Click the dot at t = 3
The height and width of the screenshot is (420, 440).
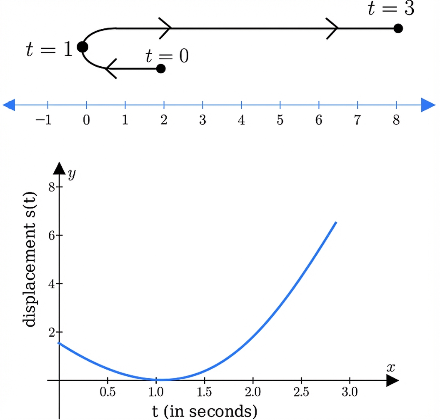pos(398,28)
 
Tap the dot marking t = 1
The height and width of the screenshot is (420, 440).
pos(82,47)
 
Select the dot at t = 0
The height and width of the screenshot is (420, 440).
pos(161,69)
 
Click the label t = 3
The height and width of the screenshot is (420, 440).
pos(391,9)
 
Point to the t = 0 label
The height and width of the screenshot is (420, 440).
pos(167,56)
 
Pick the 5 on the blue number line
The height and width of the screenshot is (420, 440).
pos(280,120)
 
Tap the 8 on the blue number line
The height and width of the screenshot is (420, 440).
pos(396,120)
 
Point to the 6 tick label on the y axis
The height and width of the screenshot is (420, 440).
pos(52,235)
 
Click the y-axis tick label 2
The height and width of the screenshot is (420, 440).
pos(52,332)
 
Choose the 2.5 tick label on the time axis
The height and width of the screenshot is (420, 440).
pos(301,392)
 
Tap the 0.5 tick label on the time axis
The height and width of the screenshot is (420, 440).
pos(108,392)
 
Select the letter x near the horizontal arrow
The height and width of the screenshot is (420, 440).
pos(390,367)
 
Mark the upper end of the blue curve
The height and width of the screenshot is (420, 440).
pos(336,223)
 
